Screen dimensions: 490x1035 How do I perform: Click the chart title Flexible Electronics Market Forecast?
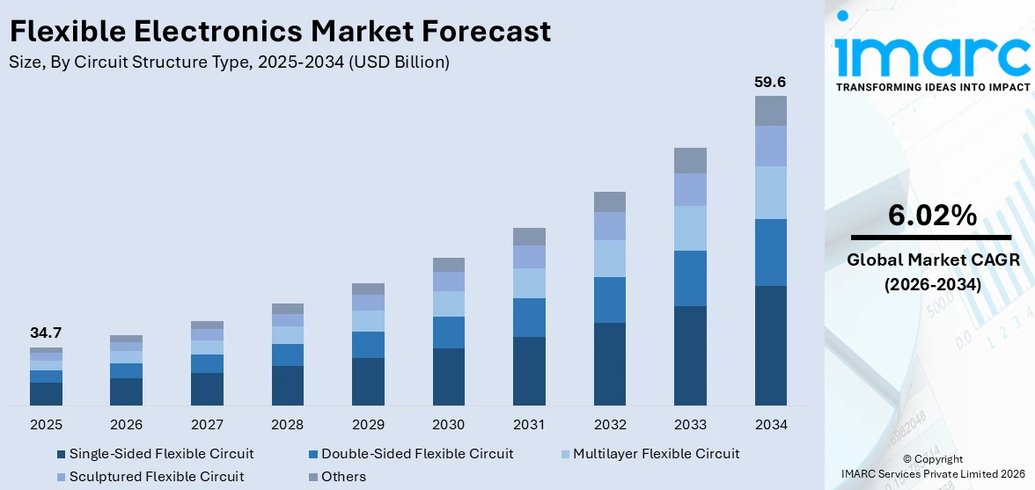280,31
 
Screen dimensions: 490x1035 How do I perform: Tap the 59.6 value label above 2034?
770,82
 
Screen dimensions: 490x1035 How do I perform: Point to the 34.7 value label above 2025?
46,333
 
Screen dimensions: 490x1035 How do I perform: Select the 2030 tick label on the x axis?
448,425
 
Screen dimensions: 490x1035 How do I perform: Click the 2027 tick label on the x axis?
207,425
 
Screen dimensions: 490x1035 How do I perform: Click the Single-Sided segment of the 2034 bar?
770,345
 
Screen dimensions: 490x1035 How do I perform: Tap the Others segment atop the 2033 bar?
690,160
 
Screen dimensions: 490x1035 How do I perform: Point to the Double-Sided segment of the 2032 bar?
609,300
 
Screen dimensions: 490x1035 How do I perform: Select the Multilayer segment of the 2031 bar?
529,283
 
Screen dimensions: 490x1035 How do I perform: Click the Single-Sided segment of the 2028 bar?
287,385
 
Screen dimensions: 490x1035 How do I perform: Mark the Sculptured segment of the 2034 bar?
770,146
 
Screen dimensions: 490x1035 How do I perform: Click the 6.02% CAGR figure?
932,216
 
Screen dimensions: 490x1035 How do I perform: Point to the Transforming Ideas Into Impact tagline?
932,87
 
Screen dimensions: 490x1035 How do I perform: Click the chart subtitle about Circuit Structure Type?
229,62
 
